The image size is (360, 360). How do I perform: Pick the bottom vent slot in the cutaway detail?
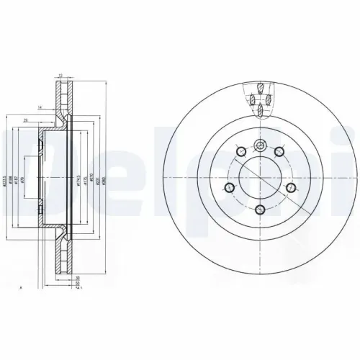pyautogui.click(x=259, y=111)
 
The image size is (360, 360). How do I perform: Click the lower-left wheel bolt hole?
pyautogui.click(x=229, y=188)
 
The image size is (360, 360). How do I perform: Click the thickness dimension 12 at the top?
pyautogui.click(x=62, y=75)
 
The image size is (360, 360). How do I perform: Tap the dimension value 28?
pyautogui.click(x=26, y=120)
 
